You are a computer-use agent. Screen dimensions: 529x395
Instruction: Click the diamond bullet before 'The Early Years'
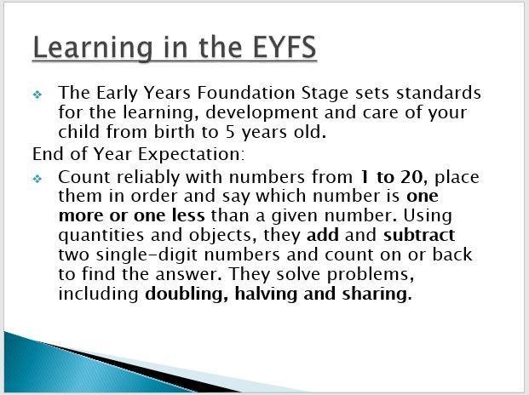coord(37,94)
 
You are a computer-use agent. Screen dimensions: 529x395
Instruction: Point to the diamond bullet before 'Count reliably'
coord(37,178)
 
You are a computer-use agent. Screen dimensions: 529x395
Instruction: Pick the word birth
coord(175,131)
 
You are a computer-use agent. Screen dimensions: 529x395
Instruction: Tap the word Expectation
coord(191,154)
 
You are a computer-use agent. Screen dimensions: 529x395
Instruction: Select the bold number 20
coord(411,177)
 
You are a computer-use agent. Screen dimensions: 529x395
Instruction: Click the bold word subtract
coord(419,235)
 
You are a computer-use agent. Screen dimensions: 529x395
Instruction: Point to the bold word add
coord(323,235)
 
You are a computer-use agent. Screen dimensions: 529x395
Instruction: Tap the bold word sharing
coord(377,294)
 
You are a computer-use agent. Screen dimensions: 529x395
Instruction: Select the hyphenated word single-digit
coord(147,255)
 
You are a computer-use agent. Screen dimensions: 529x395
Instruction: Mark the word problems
coord(371,274)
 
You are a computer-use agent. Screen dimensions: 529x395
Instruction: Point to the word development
coord(262,112)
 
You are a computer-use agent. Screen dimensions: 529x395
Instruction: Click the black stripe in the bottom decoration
coord(141,369)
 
